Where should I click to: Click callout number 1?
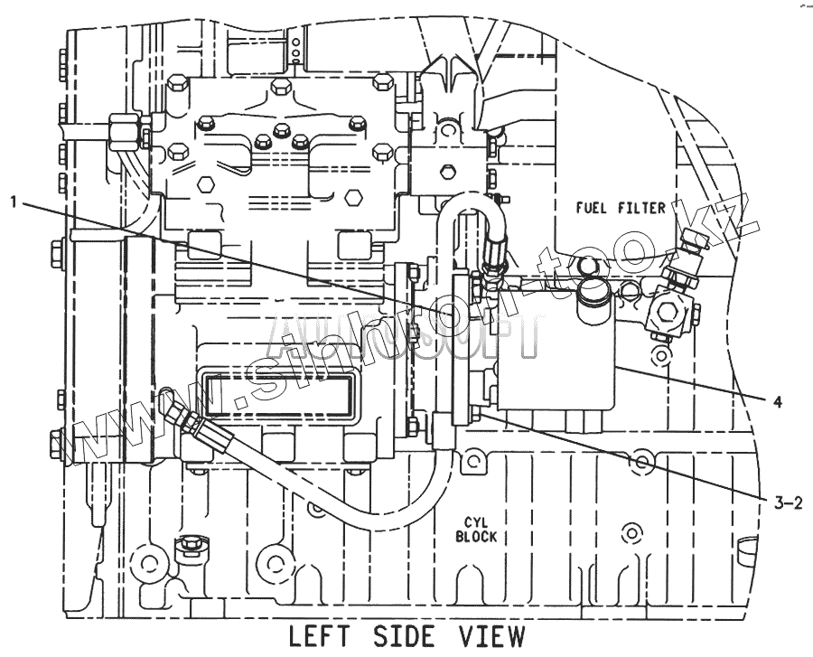[x=14, y=202]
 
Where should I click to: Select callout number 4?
[x=777, y=401]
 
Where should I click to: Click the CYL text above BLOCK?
[x=476, y=521]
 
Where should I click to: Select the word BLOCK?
[x=476, y=536]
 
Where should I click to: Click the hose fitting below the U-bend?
[x=493, y=263]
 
